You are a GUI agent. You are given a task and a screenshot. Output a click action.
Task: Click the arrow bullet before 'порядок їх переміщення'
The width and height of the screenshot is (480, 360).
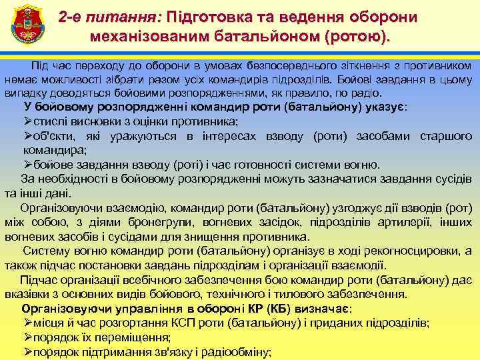(x=27, y=337)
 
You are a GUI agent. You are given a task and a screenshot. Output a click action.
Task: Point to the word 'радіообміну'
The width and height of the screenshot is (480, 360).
(x=233, y=352)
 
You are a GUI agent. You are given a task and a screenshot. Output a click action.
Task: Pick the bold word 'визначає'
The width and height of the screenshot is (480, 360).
(x=323, y=309)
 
